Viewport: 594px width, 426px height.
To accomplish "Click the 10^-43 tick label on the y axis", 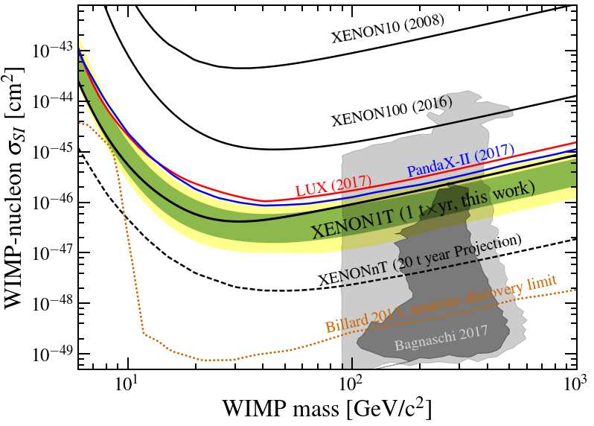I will pyautogui.click(x=51, y=49).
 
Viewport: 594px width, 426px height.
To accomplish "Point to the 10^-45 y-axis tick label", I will pyautogui.click(x=51, y=150).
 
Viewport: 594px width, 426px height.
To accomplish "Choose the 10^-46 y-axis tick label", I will pyautogui.click(x=51, y=201).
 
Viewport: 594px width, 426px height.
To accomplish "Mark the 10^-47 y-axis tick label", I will pyautogui.click(x=51, y=252).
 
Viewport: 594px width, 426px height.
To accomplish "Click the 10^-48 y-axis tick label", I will pyautogui.click(x=51, y=302).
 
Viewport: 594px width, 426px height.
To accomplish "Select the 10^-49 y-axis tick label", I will pyautogui.click(x=51, y=353).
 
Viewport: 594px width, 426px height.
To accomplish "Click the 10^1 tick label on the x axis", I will pyautogui.click(x=127, y=386).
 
